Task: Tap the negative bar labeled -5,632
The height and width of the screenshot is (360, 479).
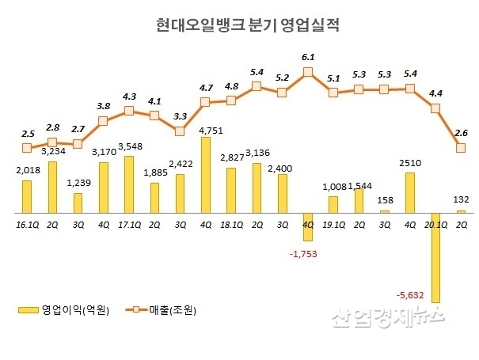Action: tap(435, 257)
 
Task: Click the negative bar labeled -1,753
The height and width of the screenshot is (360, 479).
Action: tap(308, 226)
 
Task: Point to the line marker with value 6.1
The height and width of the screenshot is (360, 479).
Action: tap(308, 72)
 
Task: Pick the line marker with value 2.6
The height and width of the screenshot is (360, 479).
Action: tap(461, 148)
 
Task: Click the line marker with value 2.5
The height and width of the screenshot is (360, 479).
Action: tap(27, 147)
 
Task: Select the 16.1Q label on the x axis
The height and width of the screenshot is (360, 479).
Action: tap(27, 225)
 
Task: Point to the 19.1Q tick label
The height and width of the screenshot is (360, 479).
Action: tap(333, 225)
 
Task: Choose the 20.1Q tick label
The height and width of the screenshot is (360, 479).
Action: tap(434, 225)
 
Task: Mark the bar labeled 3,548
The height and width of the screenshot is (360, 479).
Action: tap(128, 184)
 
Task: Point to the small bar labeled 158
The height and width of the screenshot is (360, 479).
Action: tap(385, 211)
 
